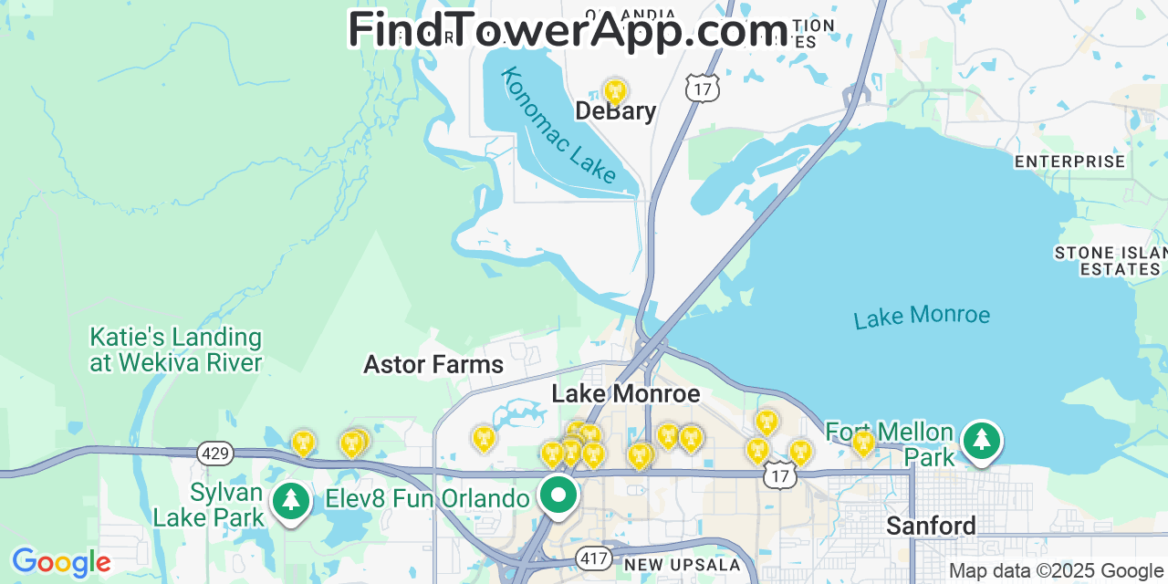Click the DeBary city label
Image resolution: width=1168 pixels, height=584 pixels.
pos(615,111)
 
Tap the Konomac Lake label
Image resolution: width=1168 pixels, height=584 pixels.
pos(558,125)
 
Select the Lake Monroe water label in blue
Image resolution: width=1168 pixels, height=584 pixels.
pos(922,317)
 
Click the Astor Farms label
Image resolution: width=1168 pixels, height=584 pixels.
pos(433,365)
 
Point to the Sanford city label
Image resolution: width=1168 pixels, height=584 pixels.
pos(931,526)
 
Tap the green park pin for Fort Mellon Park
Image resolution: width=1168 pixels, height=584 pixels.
pos(981,441)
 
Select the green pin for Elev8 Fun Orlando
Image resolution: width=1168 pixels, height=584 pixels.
pos(558,495)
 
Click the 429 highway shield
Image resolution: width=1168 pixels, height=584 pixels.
pos(216,454)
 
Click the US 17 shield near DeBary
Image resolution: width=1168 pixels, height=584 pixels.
pos(703,89)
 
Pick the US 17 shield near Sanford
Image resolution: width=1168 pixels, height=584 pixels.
pos(780,475)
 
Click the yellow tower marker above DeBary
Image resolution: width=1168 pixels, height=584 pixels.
pos(615,91)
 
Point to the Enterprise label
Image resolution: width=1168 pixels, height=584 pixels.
pos(1069,162)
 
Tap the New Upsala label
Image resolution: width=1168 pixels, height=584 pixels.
pos(683,565)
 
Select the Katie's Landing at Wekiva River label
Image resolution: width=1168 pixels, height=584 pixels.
pos(175,350)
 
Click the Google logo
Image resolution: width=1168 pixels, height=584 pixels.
pos(60,562)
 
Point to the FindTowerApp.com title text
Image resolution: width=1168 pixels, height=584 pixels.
pos(568,31)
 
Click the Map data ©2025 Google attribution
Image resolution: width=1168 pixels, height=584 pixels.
pos(1056,571)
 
